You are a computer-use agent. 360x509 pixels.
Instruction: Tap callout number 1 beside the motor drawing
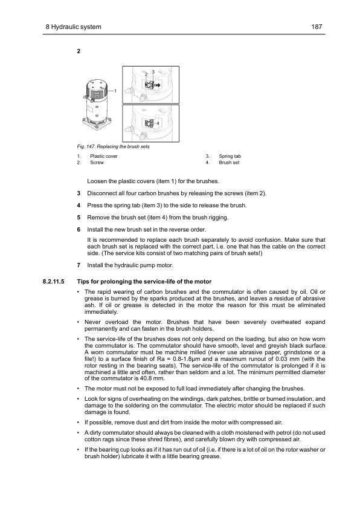click(x=115, y=91)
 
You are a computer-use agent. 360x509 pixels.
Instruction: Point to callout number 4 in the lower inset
click(x=157, y=123)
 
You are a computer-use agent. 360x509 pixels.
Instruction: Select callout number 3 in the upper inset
click(x=153, y=72)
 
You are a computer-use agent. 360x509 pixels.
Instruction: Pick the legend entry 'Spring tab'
click(x=230, y=156)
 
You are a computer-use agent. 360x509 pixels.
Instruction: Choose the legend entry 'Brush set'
click(x=229, y=163)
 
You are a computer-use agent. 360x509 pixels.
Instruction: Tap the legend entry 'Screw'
click(x=97, y=163)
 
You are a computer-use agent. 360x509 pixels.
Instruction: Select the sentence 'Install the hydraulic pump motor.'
click(x=130, y=265)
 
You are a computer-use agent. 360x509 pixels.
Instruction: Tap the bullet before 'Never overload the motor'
click(x=79, y=322)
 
